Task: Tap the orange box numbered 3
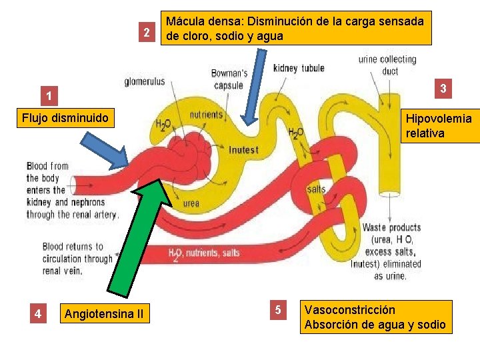(x=443, y=88)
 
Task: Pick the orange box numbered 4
(x=39, y=313)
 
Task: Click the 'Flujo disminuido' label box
(x=65, y=118)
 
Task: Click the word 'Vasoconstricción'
(x=349, y=310)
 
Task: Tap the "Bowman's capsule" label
(x=229, y=79)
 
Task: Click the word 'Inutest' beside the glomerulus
(x=243, y=150)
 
